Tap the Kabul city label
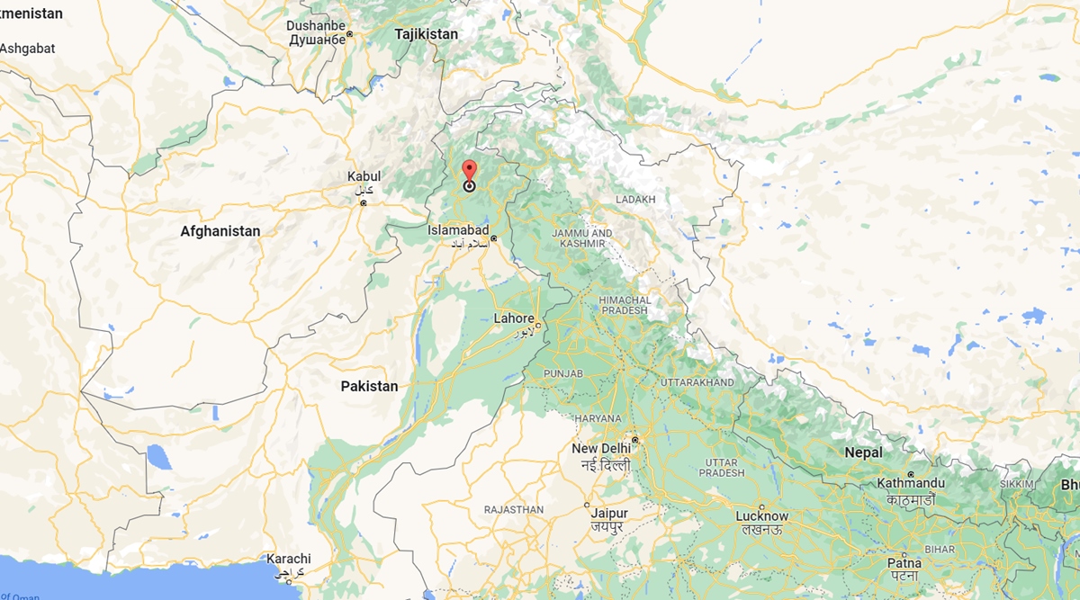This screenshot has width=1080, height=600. tap(364, 177)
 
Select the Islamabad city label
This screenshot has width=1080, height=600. tap(458, 230)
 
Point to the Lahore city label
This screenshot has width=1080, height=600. tap(515, 318)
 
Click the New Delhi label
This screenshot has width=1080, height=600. tap(601, 449)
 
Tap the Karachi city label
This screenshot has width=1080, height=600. tap(288, 559)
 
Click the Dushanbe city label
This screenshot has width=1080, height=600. tap(316, 26)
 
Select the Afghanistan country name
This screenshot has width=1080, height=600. tap(220, 231)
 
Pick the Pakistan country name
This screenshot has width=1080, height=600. tap(369, 386)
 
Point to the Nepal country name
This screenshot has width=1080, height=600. tap(863, 452)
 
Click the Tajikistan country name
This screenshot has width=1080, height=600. tap(426, 34)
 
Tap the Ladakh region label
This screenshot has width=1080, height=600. tap(635, 199)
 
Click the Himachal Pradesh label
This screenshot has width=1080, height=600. tap(625, 305)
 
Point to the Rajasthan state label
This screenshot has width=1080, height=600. tap(513, 509)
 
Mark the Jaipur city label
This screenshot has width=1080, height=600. tap(609, 514)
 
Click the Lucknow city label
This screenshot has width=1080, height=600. tap(761, 516)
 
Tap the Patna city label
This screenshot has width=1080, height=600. tap(904, 563)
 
